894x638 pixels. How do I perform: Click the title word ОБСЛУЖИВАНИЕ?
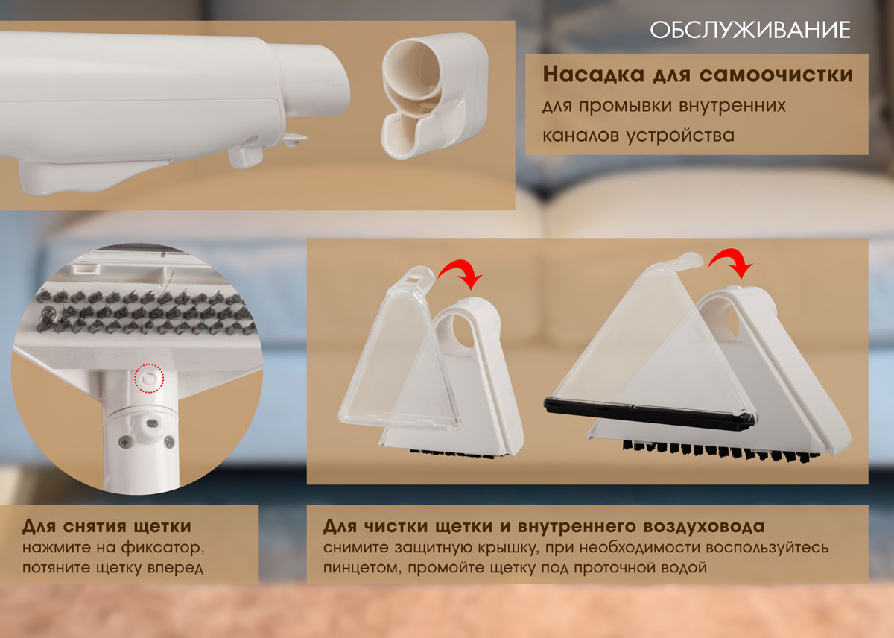[x=750, y=31]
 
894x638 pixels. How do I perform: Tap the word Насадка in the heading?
[x=593, y=75]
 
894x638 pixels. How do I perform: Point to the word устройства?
[x=680, y=136]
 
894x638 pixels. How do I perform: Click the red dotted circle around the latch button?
[x=149, y=378]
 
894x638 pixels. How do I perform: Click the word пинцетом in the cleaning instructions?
[x=362, y=568]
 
